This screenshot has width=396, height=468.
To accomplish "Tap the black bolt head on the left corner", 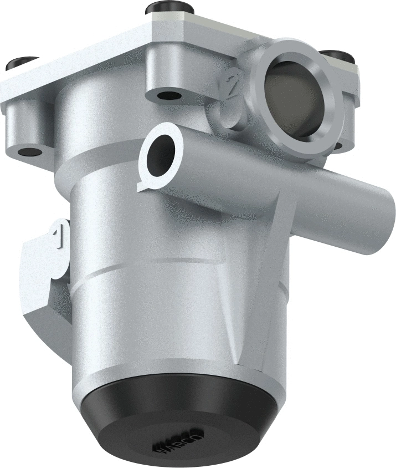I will point(22,63).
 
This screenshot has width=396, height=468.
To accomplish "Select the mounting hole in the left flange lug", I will point(29,151).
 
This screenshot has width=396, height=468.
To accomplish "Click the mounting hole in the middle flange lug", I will point(168,95).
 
